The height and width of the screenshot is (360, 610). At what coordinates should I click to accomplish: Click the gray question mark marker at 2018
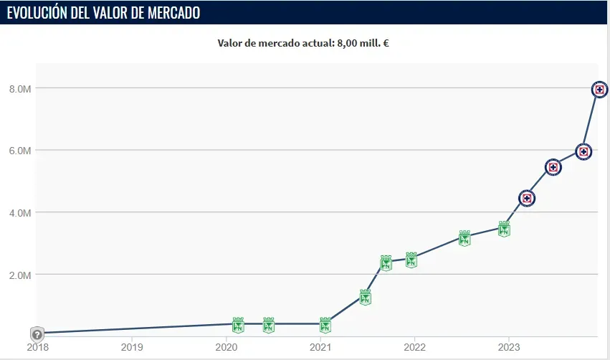[37, 334]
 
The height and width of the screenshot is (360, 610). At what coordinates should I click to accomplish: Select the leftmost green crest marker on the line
[238, 325]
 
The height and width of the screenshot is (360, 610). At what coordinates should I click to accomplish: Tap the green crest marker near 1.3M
[365, 298]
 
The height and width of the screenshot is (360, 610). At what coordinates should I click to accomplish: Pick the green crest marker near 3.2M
[464, 239]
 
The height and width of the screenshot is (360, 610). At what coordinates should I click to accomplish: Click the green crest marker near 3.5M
[504, 229]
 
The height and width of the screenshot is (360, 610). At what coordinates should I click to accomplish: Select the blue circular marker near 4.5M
[527, 198]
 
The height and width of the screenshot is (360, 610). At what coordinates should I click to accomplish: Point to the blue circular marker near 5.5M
[553, 167]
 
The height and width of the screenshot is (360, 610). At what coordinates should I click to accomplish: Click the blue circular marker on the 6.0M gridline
[583, 151]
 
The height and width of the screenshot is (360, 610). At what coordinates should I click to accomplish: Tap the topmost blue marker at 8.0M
[600, 90]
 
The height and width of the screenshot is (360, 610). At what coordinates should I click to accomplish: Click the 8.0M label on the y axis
[20, 89]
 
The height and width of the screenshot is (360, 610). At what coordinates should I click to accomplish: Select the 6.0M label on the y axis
[20, 151]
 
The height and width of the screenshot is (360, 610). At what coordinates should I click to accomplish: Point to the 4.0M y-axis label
[20, 213]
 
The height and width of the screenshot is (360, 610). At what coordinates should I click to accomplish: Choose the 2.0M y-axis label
[20, 275]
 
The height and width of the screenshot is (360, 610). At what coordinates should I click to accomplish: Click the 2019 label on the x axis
[132, 347]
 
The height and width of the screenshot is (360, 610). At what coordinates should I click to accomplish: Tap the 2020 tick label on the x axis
[227, 347]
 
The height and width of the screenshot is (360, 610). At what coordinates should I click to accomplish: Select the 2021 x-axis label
[320, 347]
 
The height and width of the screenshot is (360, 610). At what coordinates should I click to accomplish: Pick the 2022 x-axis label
[414, 347]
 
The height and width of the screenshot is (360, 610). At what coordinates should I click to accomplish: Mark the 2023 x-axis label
[508, 347]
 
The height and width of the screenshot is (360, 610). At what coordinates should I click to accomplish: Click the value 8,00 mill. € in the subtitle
[363, 42]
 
